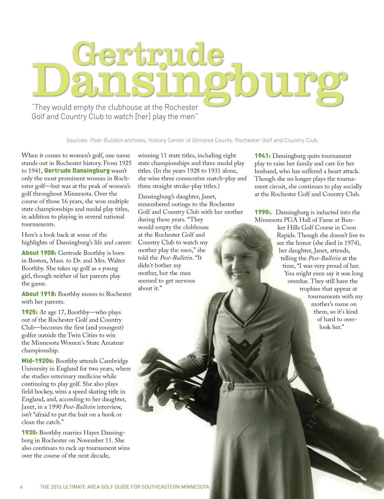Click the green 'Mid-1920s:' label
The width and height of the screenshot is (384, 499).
click(x=38, y=361)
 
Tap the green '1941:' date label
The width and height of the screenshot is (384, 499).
click(x=262, y=156)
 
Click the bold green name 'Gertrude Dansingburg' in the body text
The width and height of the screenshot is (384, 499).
click(x=77, y=171)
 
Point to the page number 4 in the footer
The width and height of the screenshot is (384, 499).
click(x=21, y=487)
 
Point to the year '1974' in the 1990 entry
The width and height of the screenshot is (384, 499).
click(x=350, y=243)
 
